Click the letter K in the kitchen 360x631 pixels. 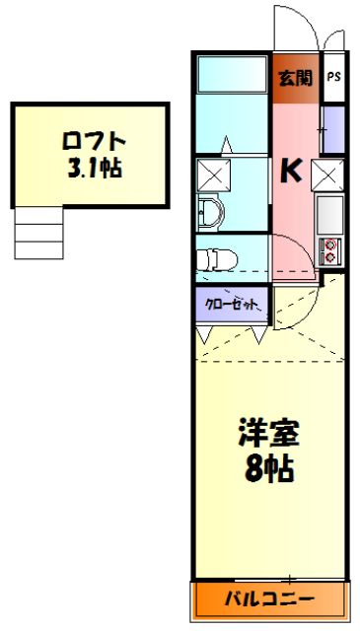pos(292,172)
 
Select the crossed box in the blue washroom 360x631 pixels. pos(213,175)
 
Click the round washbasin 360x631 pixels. pos(210,211)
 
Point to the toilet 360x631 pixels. pos(215,258)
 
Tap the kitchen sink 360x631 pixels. pos(329,212)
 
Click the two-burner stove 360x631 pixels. pos(329,249)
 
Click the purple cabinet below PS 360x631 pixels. pos(333,127)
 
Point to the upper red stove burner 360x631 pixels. pos(330,245)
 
